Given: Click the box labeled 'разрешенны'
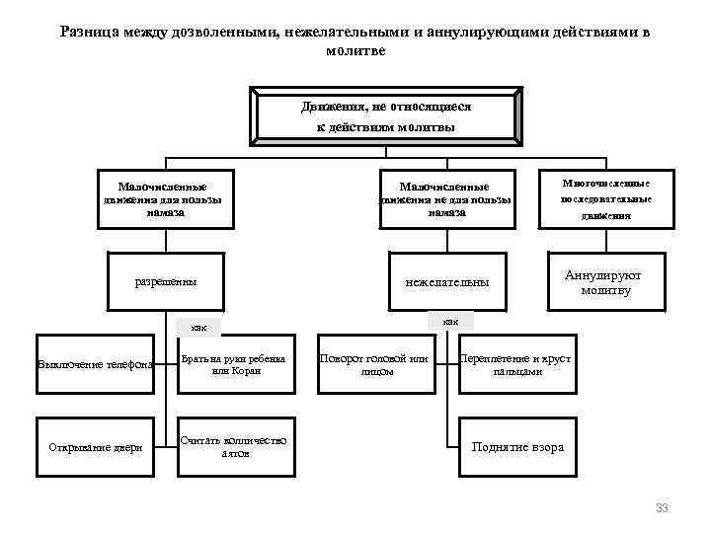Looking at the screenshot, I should click(x=165, y=281).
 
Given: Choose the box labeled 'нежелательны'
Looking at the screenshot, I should click(x=447, y=281).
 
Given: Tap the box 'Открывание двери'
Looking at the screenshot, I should click(x=96, y=447).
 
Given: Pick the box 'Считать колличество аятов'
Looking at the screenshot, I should click(x=234, y=447).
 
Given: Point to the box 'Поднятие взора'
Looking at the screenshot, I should click(x=517, y=447).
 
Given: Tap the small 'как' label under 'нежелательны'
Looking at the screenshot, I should click(x=450, y=321).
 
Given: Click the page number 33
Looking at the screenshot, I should click(x=662, y=507).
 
